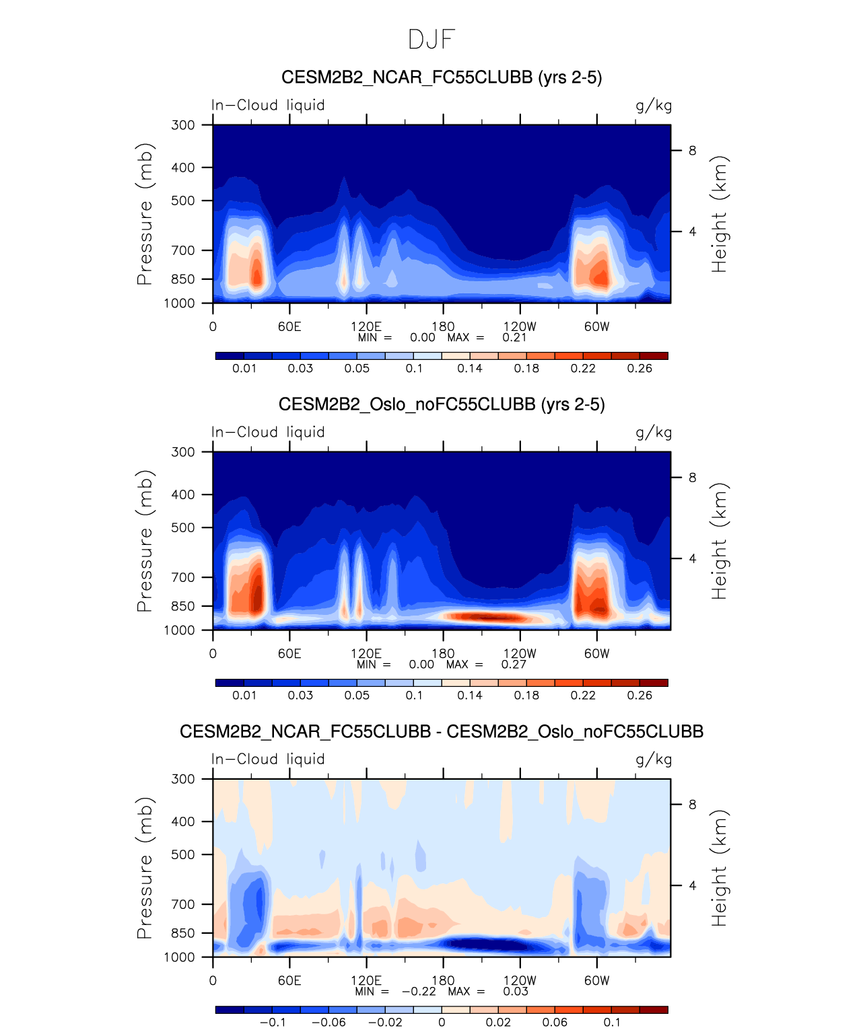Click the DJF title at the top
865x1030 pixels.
click(432, 40)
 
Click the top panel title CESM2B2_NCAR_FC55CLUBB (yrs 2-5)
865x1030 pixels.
click(442, 77)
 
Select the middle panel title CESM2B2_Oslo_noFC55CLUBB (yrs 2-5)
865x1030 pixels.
click(442, 404)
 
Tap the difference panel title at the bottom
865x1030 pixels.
click(442, 731)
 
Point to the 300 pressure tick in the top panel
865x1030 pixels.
click(183, 125)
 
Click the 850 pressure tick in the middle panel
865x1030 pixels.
click(183, 606)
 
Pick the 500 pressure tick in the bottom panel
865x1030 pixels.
click(183, 854)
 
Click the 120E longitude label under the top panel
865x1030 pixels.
click(366, 326)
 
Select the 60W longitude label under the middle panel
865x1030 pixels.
click(596, 653)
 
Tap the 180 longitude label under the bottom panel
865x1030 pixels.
click(443, 980)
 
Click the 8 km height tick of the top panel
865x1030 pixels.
click(692, 151)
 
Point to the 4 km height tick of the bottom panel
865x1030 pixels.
click(692, 885)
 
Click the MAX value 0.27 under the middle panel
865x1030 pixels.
click(514, 665)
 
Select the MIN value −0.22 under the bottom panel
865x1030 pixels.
click(419, 992)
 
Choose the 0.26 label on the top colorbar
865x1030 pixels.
click(639, 369)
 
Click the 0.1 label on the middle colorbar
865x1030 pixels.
click(414, 696)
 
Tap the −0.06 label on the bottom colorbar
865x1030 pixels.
click(328, 1023)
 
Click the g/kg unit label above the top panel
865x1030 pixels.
click(654, 106)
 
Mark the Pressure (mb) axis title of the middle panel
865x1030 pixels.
click(145, 541)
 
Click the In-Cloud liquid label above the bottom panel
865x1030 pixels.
click(268, 760)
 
